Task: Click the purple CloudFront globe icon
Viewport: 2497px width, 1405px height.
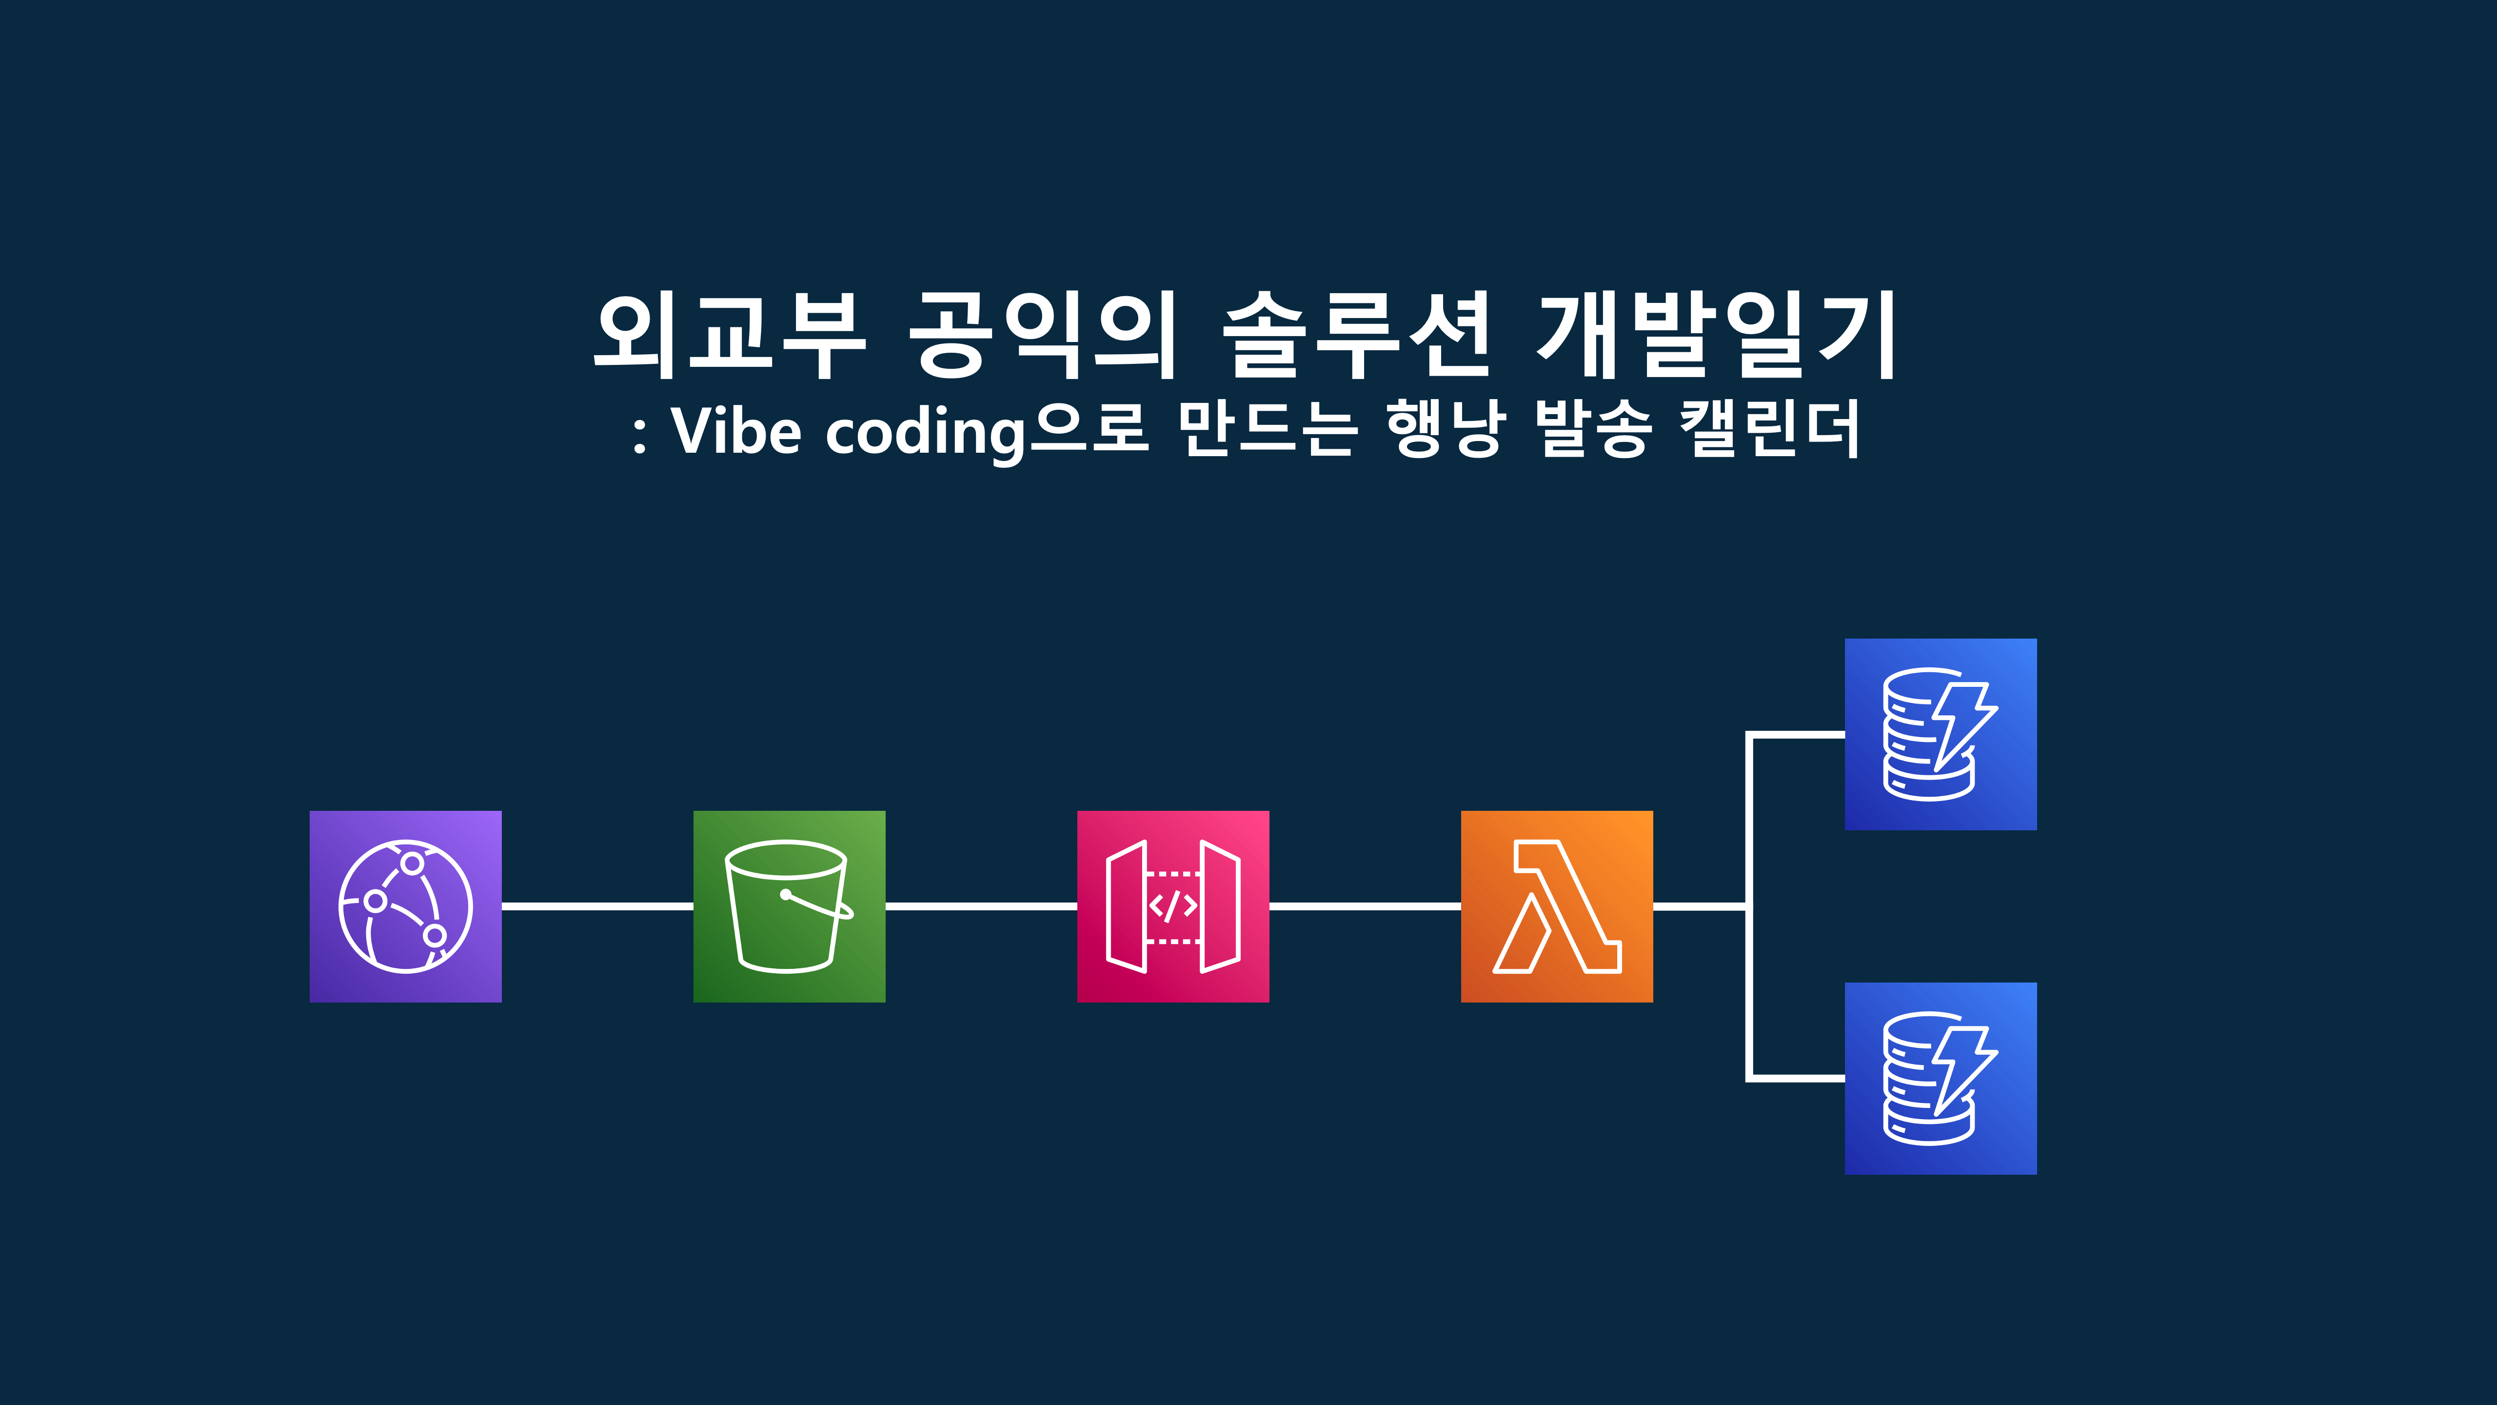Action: [x=405, y=905]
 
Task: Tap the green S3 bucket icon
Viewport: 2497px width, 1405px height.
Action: [x=789, y=905]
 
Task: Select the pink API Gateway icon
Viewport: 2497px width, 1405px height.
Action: [x=1173, y=905]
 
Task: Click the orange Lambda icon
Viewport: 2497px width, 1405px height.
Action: [x=1557, y=905]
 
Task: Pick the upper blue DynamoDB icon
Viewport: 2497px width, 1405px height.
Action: [x=1941, y=734]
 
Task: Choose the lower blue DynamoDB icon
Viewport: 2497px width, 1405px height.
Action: [x=1941, y=1078]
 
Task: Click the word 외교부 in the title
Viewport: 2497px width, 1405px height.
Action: [x=729, y=335]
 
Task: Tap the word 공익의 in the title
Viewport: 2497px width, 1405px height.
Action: [x=1042, y=335]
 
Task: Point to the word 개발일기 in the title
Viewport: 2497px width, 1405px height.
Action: [x=1716, y=335]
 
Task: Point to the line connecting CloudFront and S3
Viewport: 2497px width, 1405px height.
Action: [x=597, y=905]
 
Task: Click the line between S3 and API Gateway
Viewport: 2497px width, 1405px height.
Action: [x=981, y=905]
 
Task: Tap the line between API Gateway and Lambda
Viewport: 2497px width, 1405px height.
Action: [x=1365, y=905]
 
